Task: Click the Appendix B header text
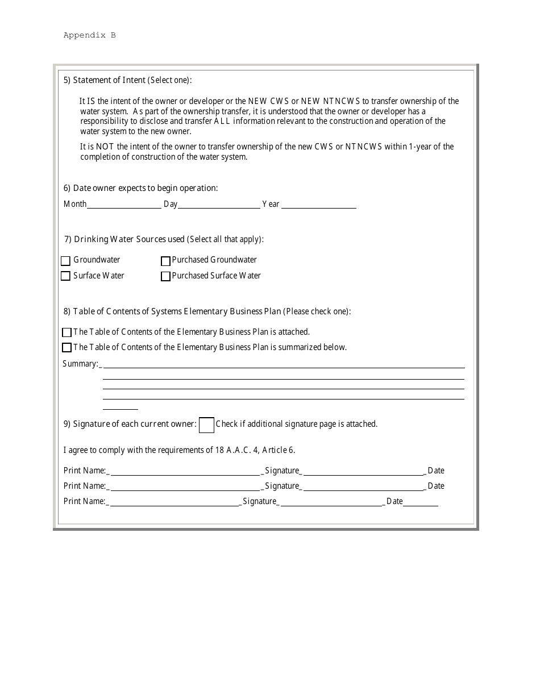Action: pos(89,35)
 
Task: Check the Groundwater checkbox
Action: pos(65,261)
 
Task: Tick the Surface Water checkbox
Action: pos(65,276)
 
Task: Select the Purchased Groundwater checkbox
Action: pos(165,261)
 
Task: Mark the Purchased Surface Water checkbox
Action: pos(165,276)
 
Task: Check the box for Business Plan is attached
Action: pos(67,332)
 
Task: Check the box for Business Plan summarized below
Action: pos(67,347)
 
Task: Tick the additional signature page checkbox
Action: pos(206,425)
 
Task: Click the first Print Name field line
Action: pos(184,473)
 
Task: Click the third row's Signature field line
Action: pos(332,504)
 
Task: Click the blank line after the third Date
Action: pos(421,504)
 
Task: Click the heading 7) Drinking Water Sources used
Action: pos(164,239)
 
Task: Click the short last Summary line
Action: pos(120,407)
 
